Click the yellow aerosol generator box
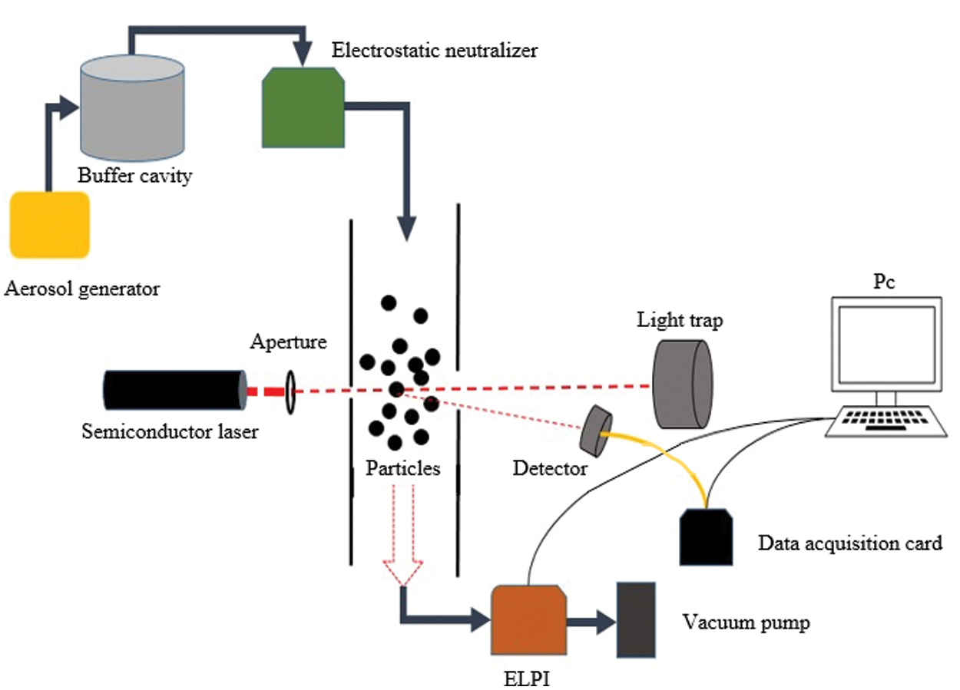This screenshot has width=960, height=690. [x=49, y=225]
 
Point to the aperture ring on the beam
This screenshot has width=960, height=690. [x=291, y=391]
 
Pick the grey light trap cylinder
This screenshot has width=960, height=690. [x=682, y=383]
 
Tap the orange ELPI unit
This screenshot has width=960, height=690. [x=528, y=620]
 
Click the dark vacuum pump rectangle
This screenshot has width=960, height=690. [x=637, y=620]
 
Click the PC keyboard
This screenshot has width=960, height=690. [x=886, y=421]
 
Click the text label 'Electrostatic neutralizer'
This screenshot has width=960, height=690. [x=435, y=51]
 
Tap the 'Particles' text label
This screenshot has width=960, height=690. [x=403, y=467]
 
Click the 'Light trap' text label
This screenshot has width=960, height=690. [x=680, y=320]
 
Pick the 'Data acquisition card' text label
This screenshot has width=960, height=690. [x=849, y=543]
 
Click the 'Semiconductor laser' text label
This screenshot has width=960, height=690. [x=170, y=431]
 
